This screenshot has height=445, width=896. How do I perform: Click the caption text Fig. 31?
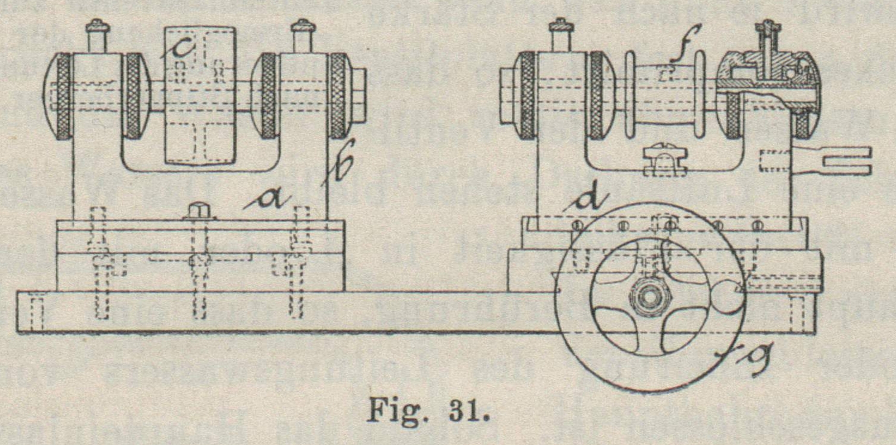(x=429, y=410)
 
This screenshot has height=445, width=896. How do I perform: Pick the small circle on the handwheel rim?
(x=727, y=297)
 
